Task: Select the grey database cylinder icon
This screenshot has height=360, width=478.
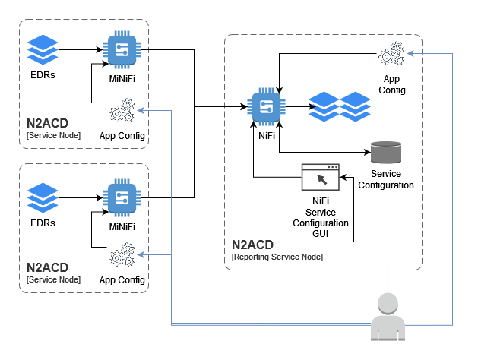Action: pos(385,152)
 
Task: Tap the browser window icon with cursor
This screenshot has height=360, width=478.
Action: pos(320,177)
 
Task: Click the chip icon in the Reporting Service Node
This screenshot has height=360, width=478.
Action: pos(266,106)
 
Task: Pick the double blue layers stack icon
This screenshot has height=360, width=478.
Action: pos(339,106)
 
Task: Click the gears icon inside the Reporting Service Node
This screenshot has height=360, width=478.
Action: pos(391,55)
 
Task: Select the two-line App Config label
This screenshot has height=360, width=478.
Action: pos(392,84)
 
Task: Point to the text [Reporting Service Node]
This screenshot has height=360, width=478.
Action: pos(277,257)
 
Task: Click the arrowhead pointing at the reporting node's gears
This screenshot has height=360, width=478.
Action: pos(410,53)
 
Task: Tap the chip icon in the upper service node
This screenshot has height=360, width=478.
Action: pos(119,49)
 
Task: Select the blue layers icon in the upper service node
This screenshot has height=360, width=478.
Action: pos(42,50)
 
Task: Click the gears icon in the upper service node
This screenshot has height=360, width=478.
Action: pos(122,112)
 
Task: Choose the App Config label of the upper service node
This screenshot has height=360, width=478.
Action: pos(122,136)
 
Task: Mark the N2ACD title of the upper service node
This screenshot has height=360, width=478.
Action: pos(47,123)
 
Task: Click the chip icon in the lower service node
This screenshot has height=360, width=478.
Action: pos(119,197)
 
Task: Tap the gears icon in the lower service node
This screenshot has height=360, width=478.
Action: pos(122,255)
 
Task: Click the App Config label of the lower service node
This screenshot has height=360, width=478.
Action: pos(122,279)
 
